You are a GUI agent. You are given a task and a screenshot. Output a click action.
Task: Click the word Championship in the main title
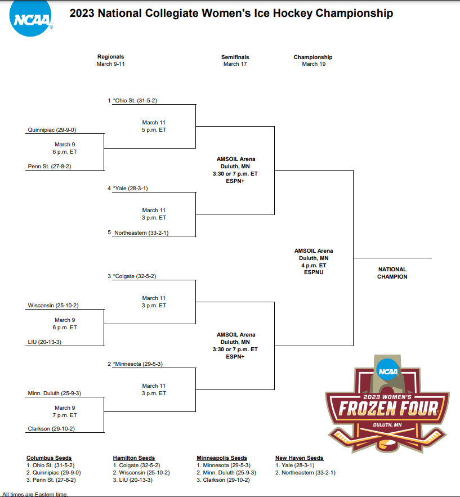(354, 14)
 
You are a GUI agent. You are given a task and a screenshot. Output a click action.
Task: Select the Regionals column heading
(110, 57)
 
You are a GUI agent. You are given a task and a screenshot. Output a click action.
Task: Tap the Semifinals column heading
(235, 57)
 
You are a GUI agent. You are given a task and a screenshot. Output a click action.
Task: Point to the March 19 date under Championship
(314, 64)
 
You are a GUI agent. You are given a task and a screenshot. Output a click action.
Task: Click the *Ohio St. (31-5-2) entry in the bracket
(135, 101)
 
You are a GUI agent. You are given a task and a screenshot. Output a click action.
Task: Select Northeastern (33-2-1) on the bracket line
(141, 232)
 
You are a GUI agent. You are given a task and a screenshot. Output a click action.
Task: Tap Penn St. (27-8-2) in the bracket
(50, 167)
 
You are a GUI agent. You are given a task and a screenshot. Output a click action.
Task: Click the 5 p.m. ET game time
(154, 130)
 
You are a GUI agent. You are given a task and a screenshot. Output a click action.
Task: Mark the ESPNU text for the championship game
(313, 272)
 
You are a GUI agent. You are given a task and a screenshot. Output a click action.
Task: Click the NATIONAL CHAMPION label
(392, 273)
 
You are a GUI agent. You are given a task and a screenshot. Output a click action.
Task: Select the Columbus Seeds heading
(49, 458)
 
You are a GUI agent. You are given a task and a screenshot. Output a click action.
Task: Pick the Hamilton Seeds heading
(134, 458)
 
